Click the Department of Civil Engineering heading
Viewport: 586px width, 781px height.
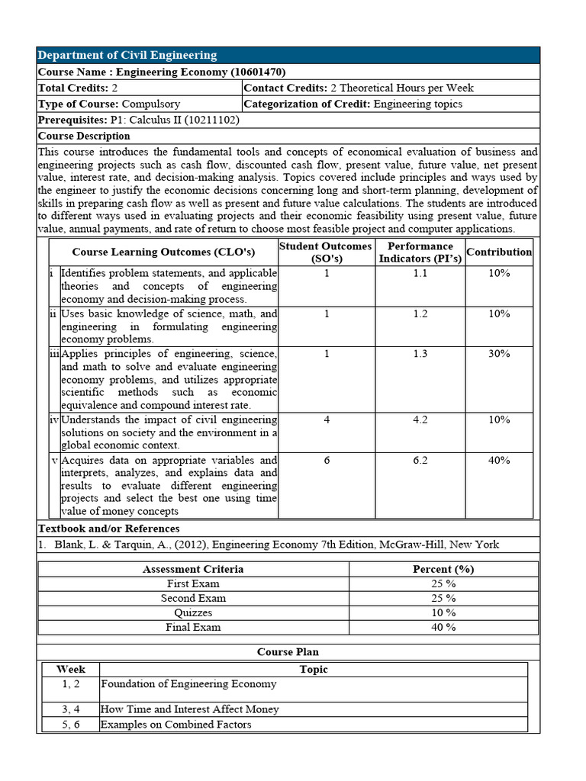127,55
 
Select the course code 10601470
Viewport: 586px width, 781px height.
258,72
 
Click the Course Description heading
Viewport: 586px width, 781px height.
84,136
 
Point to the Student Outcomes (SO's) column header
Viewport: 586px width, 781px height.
326,252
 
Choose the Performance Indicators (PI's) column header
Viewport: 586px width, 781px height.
420,252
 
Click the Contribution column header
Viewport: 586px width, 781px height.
499,252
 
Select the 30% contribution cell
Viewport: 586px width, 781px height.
499,354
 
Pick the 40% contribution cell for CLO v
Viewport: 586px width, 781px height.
499,461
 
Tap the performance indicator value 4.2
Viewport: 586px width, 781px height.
420,420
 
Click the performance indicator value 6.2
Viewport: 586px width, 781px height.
420,461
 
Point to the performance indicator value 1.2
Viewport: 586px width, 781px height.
420,314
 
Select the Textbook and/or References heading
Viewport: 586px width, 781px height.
109,529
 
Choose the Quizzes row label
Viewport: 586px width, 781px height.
193,612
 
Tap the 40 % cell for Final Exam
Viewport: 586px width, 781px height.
443,627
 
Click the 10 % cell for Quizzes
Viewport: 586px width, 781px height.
443,612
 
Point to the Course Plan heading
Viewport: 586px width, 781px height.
288,652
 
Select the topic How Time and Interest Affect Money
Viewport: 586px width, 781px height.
190,709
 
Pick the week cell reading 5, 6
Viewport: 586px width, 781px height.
71,725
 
